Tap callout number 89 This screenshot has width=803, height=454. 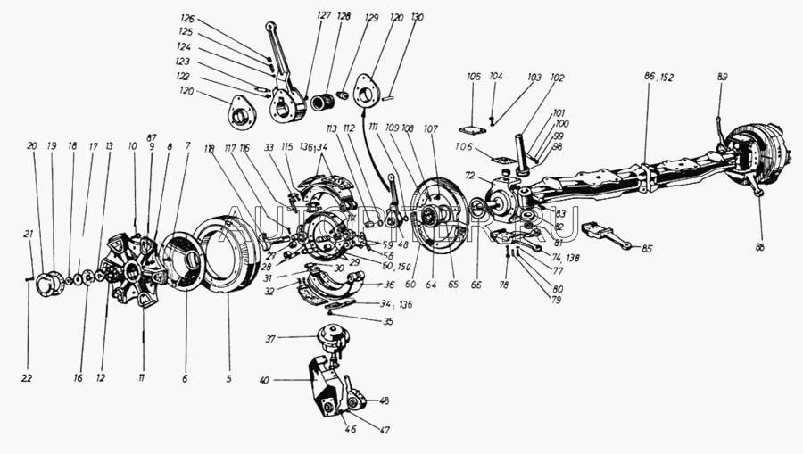click(x=722, y=78)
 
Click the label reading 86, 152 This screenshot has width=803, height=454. click(x=659, y=78)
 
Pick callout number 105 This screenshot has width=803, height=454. click(x=473, y=78)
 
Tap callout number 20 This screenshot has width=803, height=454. click(x=32, y=145)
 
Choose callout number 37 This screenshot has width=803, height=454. click(x=270, y=338)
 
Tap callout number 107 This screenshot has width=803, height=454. click(x=432, y=129)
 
